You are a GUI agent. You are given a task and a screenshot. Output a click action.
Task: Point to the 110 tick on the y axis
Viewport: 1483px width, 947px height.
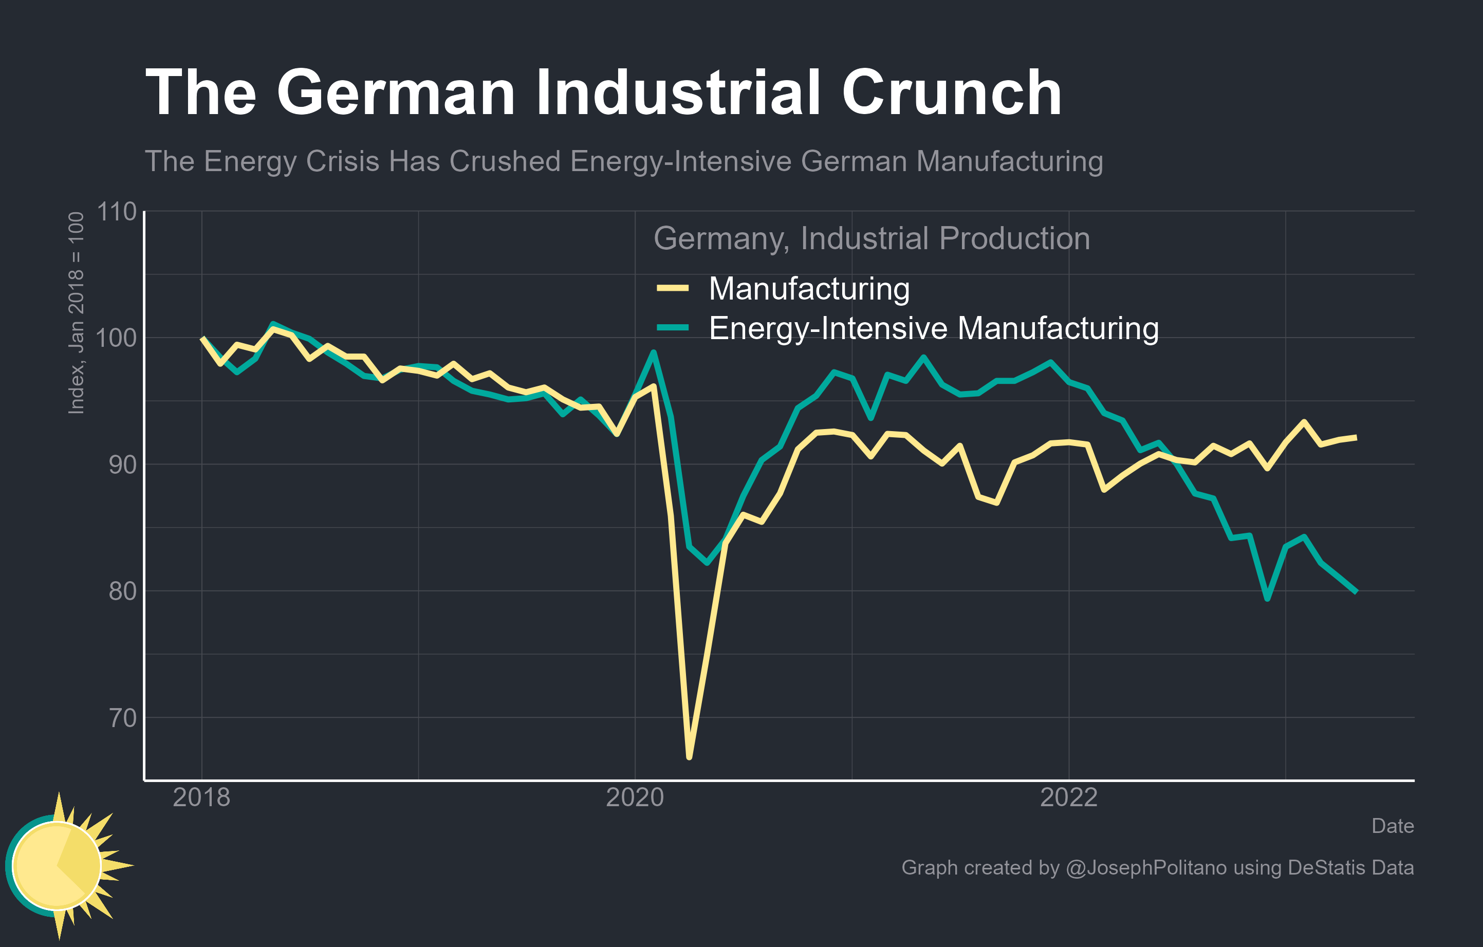tap(117, 212)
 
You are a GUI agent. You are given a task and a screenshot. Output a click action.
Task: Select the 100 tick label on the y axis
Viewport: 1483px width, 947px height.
tap(117, 338)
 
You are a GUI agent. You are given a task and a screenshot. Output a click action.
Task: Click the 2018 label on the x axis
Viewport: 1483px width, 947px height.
tap(201, 797)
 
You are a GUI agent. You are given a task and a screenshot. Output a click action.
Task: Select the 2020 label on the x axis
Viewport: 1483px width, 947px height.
tap(635, 797)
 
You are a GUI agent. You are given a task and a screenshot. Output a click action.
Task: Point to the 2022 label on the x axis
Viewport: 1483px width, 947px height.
tap(1068, 797)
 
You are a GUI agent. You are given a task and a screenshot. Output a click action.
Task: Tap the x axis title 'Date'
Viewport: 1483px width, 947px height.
tap(1393, 826)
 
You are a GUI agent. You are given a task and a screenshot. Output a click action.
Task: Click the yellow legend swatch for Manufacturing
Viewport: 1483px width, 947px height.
tap(673, 288)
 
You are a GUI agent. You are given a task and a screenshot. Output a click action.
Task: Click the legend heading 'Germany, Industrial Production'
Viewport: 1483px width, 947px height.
tap(872, 238)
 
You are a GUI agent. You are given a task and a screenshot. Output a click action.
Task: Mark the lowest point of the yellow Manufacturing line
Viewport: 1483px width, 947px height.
tap(689, 757)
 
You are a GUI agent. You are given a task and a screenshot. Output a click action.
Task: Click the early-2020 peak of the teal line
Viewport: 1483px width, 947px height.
tap(654, 353)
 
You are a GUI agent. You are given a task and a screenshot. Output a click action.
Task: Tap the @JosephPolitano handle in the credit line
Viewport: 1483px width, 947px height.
tap(1146, 867)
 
